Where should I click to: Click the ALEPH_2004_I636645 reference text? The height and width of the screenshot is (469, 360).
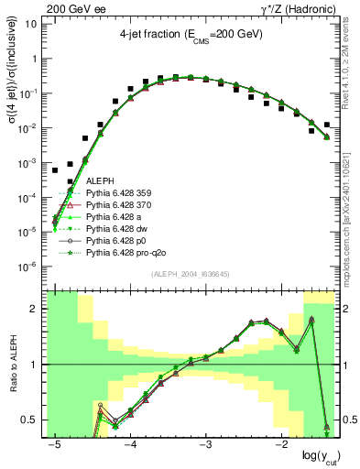tap(190, 275)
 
